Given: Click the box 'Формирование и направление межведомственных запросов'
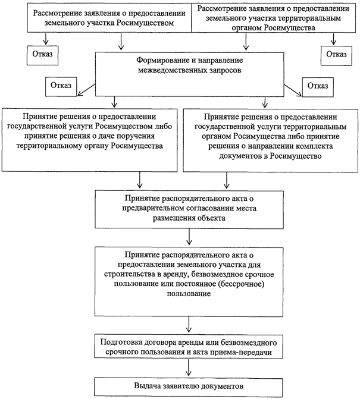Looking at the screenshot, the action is [189, 74].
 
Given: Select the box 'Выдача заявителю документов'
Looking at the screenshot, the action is [189, 387].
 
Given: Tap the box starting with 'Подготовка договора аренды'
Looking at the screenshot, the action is [189, 347].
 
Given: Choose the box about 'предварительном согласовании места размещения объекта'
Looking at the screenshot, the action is [189, 209].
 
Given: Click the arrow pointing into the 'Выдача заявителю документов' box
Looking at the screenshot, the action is [189, 367].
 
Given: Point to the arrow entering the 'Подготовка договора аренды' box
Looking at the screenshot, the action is [189, 325].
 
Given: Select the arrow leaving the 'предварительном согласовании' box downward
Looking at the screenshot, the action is [189, 237].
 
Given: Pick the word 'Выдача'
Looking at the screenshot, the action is [146, 386].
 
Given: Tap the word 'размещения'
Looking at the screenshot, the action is [173, 218].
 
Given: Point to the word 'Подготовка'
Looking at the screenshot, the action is [121, 343].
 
